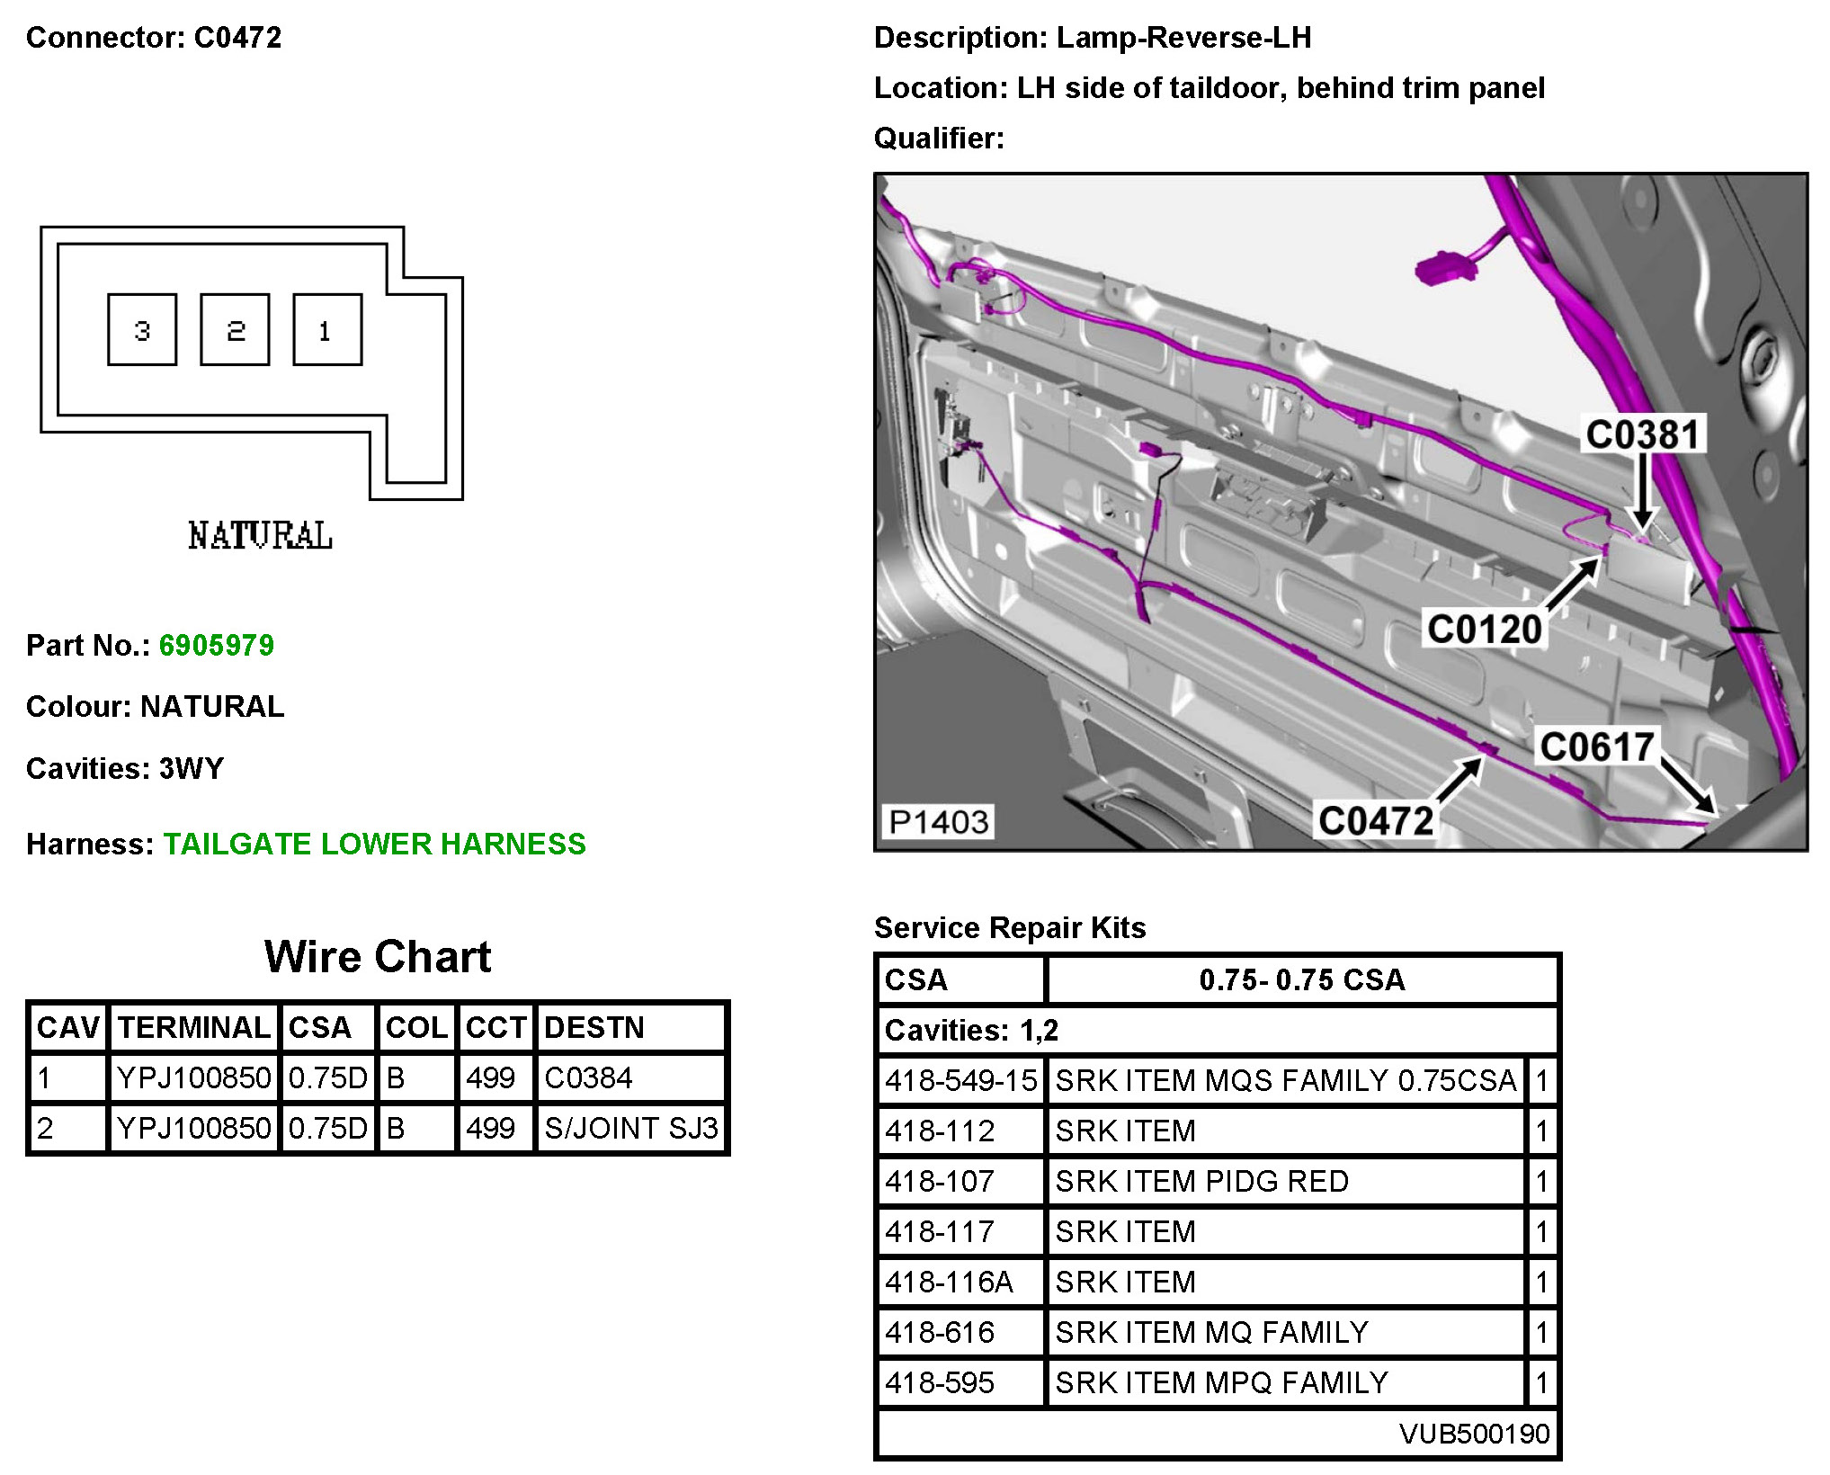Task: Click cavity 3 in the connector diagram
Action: (x=142, y=330)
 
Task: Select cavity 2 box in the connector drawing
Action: (x=235, y=330)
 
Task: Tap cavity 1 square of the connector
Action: (x=327, y=330)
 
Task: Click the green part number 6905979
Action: (x=217, y=646)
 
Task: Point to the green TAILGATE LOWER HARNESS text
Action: (x=374, y=844)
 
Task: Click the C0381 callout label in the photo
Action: (x=1642, y=434)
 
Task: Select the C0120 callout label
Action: (x=1484, y=629)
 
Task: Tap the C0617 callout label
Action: (x=1596, y=746)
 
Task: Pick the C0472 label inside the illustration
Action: (x=1375, y=820)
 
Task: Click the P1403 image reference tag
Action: (x=938, y=821)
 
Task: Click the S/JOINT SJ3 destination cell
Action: (x=630, y=1128)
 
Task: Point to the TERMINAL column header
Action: (x=194, y=1027)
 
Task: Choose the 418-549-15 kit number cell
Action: (x=960, y=1080)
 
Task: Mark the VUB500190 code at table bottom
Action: (x=1474, y=1434)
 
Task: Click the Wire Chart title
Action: (x=378, y=957)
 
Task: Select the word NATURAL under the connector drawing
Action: (x=260, y=536)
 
